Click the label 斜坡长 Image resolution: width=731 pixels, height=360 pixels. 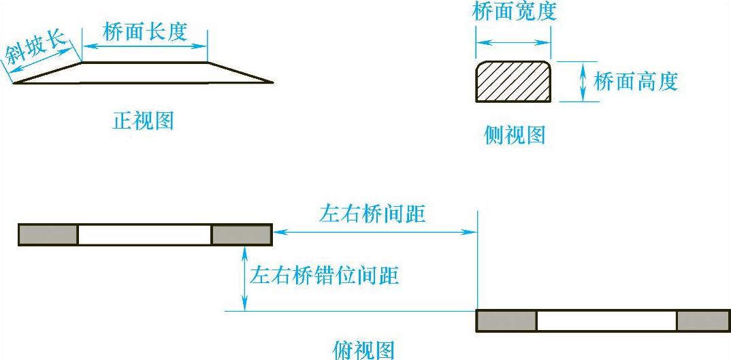(38, 48)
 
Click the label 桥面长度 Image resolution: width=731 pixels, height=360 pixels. (145, 31)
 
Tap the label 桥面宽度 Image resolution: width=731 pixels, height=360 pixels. (515, 12)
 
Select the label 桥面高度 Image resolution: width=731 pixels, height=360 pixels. (636, 82)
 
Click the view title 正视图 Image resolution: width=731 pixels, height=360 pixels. (143, 121)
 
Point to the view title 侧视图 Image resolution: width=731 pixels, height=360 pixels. (515, 135)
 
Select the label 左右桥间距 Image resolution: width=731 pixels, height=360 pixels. (372, 214)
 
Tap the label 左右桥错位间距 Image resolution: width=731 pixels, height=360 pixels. (325, 276)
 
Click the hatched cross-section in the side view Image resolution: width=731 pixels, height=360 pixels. (513, 81)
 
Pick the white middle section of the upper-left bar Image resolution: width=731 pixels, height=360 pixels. (144, 234)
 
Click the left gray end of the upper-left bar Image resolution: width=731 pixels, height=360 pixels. (48, 234)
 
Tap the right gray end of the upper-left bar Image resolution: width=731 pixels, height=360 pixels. (242, 234)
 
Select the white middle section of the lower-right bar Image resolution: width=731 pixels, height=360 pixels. (606, 321)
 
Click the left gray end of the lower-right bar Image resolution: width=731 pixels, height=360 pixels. (506, 321)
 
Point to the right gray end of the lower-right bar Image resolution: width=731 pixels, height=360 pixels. (703, 321)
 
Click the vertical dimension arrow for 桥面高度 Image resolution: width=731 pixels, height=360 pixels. (583, 82)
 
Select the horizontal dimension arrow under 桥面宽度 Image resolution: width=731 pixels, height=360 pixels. (513, 42)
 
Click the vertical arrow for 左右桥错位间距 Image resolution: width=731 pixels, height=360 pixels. (244, 278)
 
